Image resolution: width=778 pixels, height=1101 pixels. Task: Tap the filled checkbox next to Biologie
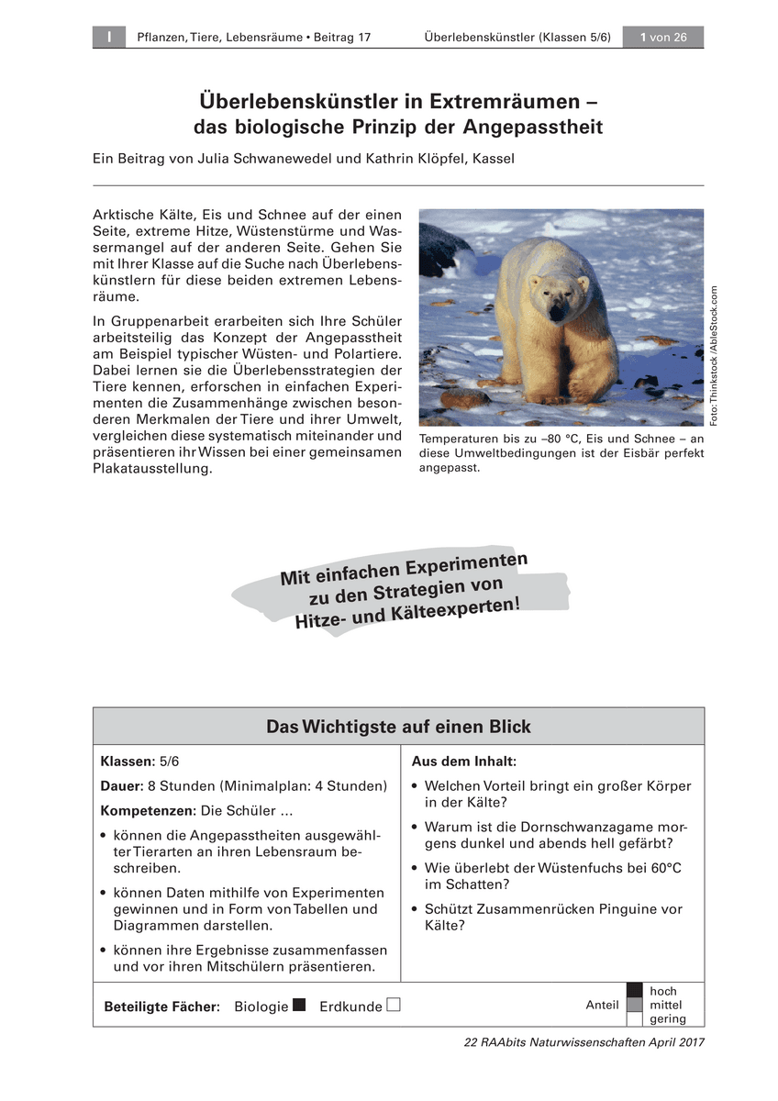(x=298, y=1005)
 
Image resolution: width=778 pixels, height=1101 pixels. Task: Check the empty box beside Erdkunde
(x=394, y=1005)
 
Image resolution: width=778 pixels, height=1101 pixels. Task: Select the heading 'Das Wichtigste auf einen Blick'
(x=398, y=727)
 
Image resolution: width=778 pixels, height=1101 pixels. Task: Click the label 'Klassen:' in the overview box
(x=128, y=762)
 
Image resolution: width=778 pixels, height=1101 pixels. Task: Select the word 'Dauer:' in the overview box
(x=121, y=786)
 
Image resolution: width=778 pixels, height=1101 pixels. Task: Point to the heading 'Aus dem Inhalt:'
(x=463, y=762)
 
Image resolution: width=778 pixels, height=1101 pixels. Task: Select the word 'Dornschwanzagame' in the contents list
(x=586, y=827)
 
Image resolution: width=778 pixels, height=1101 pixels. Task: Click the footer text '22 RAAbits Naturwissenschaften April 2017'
(x=584, y=1042)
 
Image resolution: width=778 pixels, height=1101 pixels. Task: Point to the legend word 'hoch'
(x=662, y=991)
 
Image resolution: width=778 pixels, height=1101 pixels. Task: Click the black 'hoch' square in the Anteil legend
(x=635, y=991)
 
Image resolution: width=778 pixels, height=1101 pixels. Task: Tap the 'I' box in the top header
(x=108, y=37)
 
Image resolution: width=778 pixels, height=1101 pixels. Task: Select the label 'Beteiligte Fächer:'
(x=162, y=1006)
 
